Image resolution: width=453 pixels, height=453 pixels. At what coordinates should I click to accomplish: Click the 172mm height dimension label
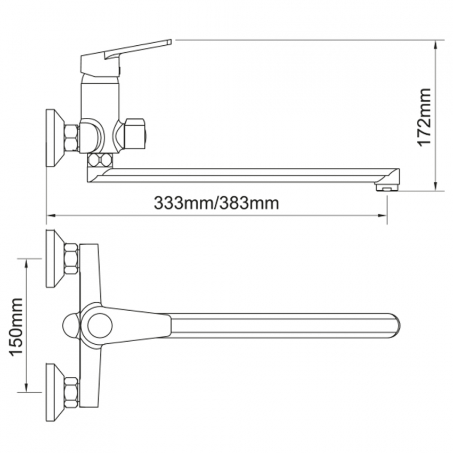click(x=425, y=117)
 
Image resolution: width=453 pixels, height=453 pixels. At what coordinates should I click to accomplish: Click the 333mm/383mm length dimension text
click(x=216, y=203)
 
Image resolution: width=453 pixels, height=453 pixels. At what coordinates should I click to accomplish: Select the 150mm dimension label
click(x=16, y=327)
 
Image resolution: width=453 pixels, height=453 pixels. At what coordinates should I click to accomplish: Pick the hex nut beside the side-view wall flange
click(x=71, y=137)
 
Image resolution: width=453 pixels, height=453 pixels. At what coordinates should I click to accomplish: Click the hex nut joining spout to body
click(x=100, y=160)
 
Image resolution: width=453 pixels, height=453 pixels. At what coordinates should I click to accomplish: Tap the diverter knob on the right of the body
click(x=134, y=133)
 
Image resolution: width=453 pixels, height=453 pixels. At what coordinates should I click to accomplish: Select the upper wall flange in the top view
click(x=55, y=258)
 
